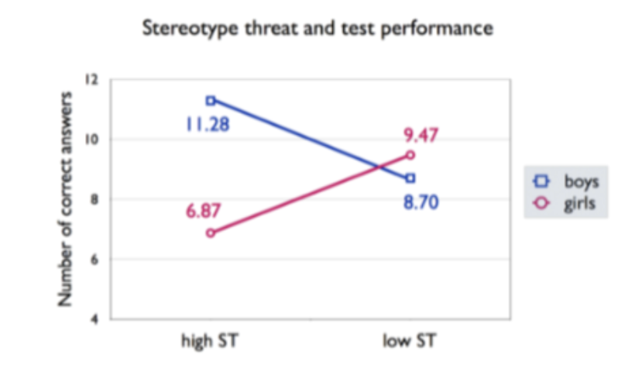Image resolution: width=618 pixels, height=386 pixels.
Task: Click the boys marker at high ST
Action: [x=211, y=100]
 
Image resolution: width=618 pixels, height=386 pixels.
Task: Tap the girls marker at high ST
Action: [x=211, y=233]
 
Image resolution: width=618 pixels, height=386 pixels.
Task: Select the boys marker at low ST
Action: [x=410, y=178]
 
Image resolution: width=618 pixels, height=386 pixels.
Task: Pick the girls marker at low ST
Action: [x=410, y=154]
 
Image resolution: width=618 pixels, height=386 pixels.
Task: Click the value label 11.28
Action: [x=208, y=124]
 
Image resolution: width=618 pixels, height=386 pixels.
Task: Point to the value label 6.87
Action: [x=204, y=210]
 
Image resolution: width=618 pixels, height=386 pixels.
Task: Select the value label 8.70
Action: [x=423, y=203]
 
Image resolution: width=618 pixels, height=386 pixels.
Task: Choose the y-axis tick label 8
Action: [x=95, y=199]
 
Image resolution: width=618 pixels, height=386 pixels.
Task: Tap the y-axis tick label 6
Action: [x=95, y=259]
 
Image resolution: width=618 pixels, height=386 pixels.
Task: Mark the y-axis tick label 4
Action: [x=95, y=319]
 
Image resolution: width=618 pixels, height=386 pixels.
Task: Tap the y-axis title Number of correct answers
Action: [x=67, y=198]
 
